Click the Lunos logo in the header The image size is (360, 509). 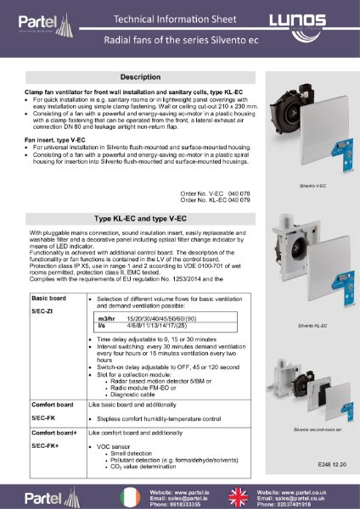[317, 19]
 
